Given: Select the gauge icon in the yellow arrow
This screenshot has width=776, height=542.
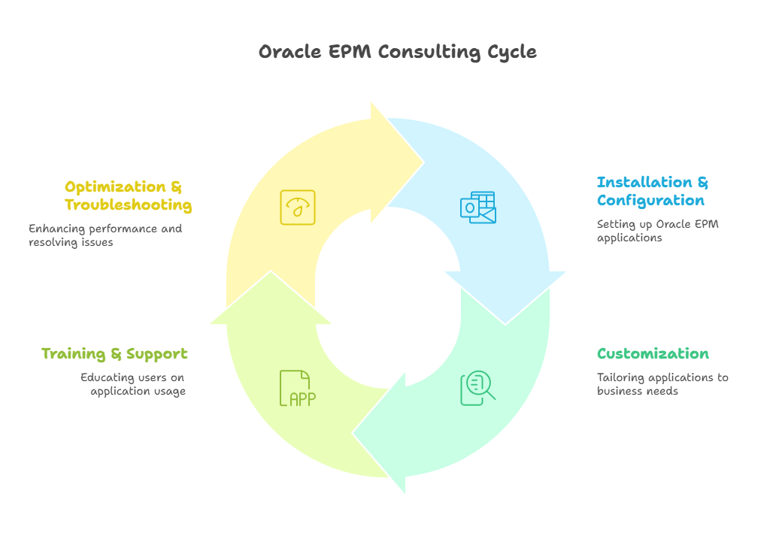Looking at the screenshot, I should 298,207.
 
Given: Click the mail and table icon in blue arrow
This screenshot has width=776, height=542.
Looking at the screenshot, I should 478,207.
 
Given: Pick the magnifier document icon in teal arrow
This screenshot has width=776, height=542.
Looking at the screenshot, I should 478,388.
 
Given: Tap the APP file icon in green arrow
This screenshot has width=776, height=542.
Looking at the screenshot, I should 298,388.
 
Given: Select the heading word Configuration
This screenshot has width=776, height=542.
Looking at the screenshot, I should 650,201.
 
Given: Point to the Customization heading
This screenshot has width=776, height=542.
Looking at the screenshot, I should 653,354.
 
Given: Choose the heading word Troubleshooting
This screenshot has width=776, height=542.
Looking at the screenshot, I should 128,205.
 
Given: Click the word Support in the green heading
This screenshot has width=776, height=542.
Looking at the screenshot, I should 157,354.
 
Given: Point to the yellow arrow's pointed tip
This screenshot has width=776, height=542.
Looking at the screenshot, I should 423,162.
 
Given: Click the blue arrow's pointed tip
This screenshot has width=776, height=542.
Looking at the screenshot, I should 505,322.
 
